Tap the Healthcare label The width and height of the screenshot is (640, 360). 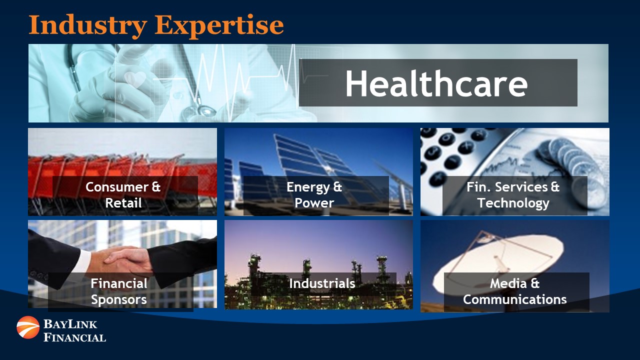click(x=436, y=83)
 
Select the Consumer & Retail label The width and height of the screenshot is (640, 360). click(x=123, y=195)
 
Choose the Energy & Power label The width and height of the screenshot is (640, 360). click(x=314, y=195)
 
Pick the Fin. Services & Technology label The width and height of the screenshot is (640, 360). click(x=513, y=195)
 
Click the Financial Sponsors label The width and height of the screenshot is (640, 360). click(x=119, y=291)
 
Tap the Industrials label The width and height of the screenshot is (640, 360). click(x=322, y=283)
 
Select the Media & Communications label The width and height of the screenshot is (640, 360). click(x=515, y=291)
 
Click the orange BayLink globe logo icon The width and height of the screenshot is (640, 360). click(x=28, y=327)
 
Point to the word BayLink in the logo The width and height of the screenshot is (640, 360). click(x=70, y=324)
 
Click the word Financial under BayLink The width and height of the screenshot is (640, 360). click(x=75, y=337)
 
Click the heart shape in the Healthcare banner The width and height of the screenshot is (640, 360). click(x=135, y=79)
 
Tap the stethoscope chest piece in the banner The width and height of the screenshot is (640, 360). click(x=204, y=110)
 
